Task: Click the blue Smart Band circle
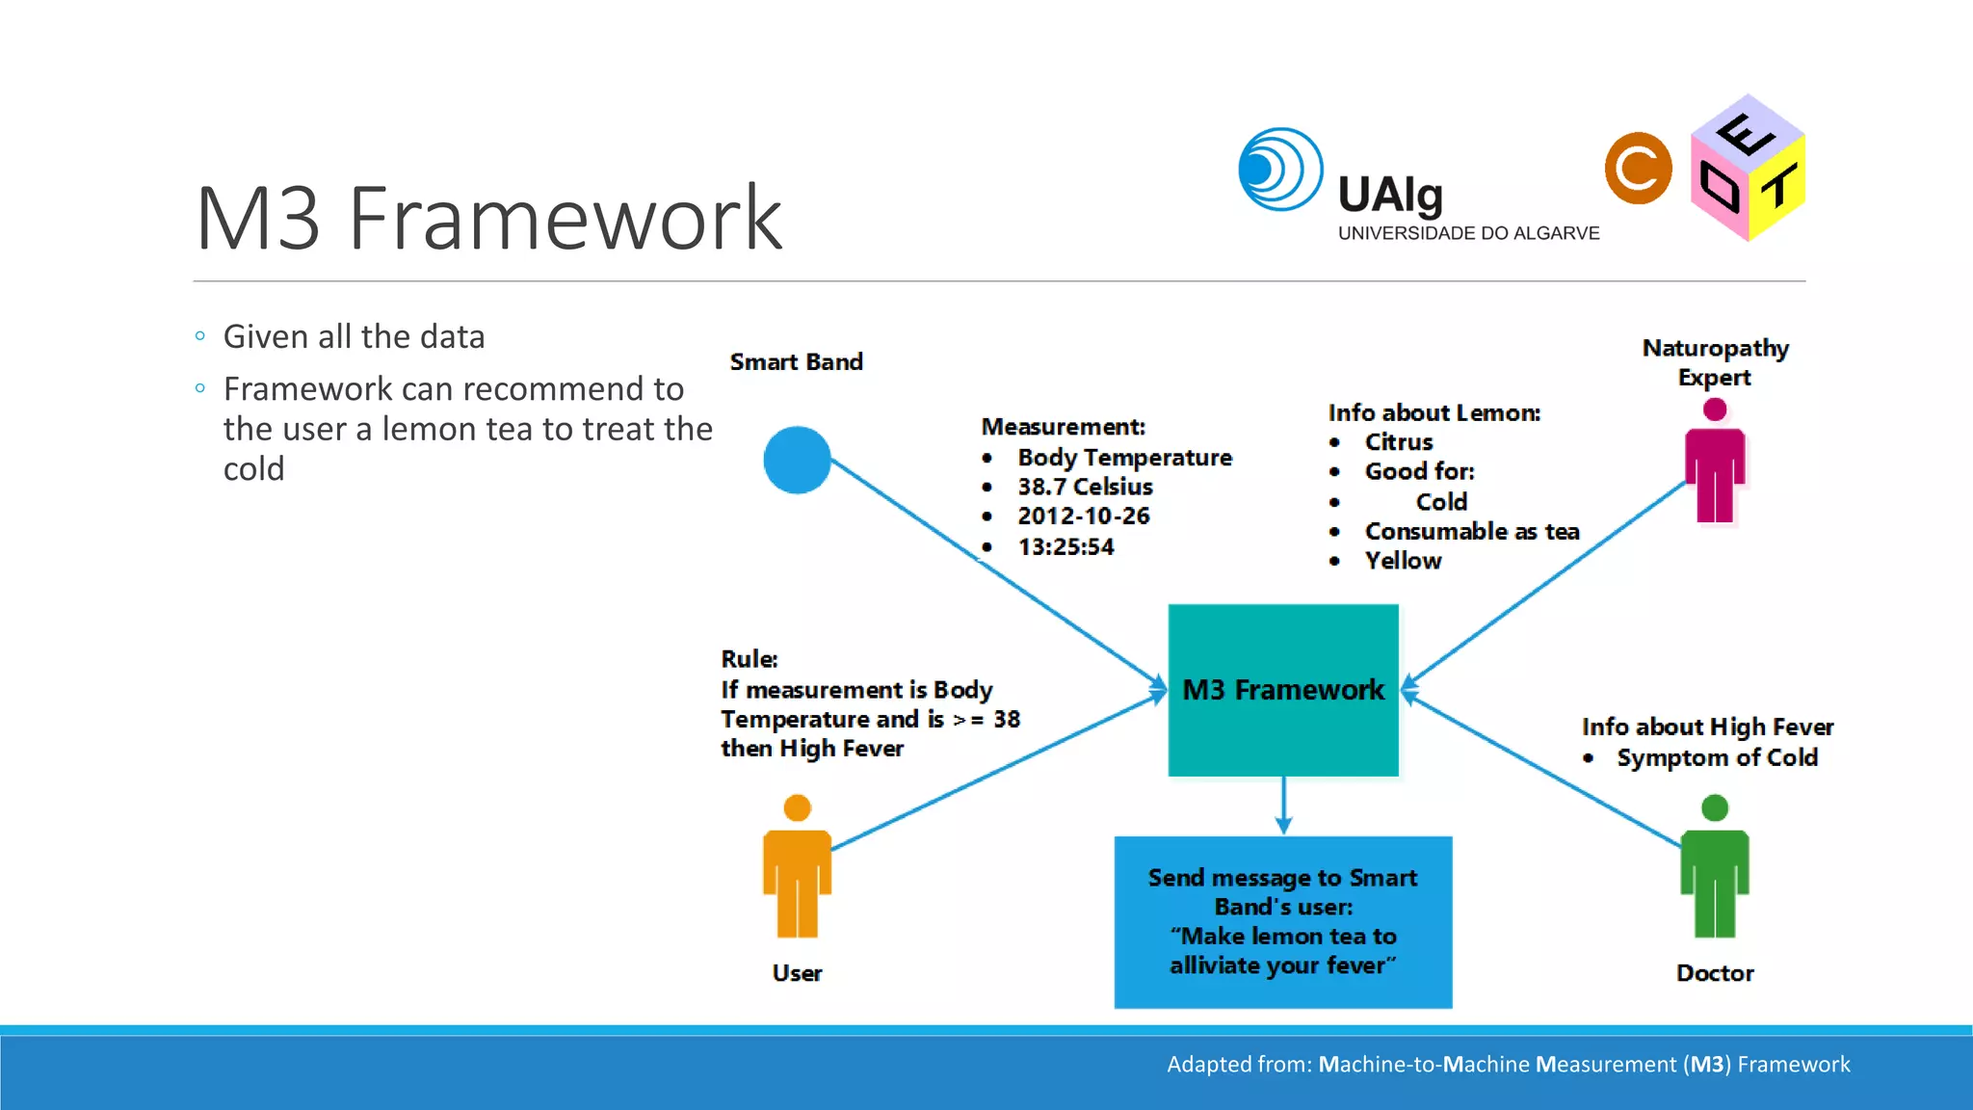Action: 797,461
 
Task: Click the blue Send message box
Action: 1282,922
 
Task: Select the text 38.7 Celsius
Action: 1085,487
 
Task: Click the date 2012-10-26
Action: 1084,516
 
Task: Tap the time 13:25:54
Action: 1065,547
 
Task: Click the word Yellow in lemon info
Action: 1403,561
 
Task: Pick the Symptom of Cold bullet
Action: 1716,758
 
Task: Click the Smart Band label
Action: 796,362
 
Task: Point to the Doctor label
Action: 1714,973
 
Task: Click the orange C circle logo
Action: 1638,169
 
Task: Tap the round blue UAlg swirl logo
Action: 1279,170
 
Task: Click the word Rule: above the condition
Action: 749,659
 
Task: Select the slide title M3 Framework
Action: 488,219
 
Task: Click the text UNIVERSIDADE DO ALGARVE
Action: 1467,233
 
